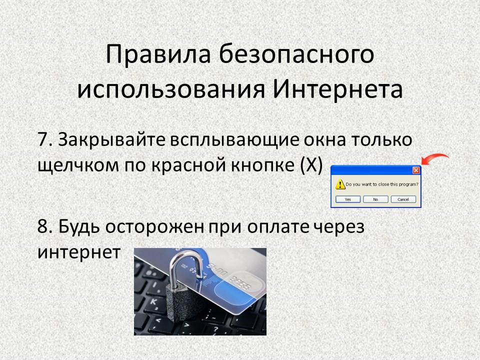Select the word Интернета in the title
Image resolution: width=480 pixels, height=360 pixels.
pyautogui.click(x=337, y=89)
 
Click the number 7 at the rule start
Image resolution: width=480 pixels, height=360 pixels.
pyautogui.click(x=42, y=140)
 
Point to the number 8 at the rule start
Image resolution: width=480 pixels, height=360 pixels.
pyautogui.click(x=42, y=227)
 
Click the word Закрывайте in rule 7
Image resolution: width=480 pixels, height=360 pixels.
pyautogui.click(x=111, y=140)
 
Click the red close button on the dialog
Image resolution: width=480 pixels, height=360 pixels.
pyautogui.click(x=416, y=170)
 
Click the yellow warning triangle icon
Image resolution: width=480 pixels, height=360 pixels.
pyautogui.click(x=340, y=184)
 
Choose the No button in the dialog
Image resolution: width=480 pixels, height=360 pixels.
pyautogui.click(x=375, y=199)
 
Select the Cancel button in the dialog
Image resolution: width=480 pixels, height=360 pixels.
pyautogui.click(x=403, y=199)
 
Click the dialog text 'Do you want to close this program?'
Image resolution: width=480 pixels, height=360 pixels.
pyautogui.click(x=381, y=184)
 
